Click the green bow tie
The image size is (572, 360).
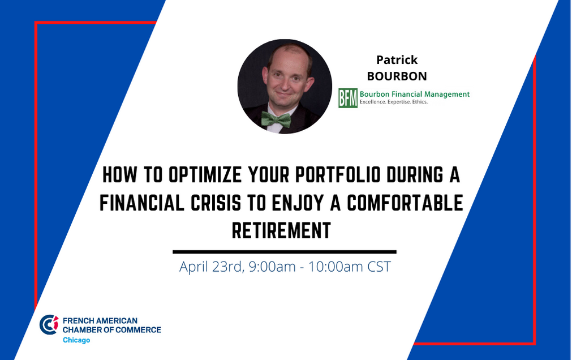(x=276, y=119)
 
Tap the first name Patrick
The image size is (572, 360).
(x=397, y=59)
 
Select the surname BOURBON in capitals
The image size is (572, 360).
(x=397, y=76)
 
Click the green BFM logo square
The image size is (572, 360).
(x=347, y=98)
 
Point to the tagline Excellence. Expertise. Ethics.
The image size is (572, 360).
(x=394, y=102)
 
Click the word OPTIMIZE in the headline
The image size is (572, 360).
(x=205, y=174)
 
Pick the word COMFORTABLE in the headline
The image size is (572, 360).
(x=405, y=203)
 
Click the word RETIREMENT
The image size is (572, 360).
(x=281, y=230)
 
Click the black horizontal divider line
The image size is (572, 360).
(x=285, y=252)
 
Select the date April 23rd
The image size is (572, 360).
(x=211, y=267)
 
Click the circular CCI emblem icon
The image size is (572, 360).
(x=49, y=324)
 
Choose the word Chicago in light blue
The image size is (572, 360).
(x=76, y=340)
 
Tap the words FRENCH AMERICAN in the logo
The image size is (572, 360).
(x=100, y=320)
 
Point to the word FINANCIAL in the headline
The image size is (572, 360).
(x=142, y=203)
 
